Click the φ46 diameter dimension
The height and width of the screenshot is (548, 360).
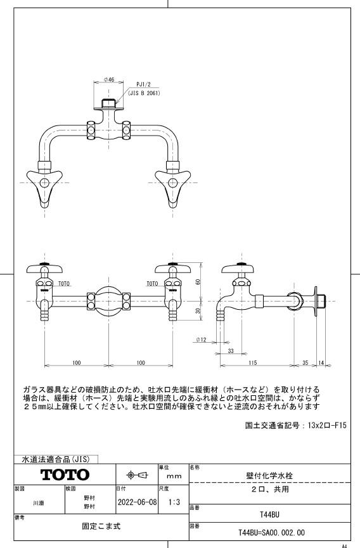tap(110, 80)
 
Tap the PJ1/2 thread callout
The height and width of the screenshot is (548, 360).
tap(143, 84)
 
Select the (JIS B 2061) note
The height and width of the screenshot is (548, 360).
tap(144, 93)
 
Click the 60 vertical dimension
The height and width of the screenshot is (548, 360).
tap(198, 281)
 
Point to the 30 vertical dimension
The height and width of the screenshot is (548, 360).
tap(198, 310)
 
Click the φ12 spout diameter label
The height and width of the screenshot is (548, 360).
tap(202, 340)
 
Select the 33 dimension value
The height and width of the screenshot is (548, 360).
tap(231, 350)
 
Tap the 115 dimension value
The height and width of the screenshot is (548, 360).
tap(253, 363)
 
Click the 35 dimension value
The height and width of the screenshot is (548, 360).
tap(305, 363)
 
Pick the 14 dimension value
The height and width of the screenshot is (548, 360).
tap(321, 363)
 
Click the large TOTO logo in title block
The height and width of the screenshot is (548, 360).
tap(65, 475)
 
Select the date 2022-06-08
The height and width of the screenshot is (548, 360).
tap(138, 502)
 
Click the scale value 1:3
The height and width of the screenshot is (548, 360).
tap(174, 502)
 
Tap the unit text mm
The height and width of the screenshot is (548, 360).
tap(174, 476)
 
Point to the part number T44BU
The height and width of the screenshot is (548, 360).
tap(269, 514)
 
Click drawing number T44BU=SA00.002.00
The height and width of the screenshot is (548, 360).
tap(271, 533)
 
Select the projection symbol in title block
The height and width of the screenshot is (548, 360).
tap(138, 475)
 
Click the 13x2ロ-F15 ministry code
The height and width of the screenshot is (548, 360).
tap(327, 425)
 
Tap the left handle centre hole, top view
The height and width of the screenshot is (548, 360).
tap(45, 183)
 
